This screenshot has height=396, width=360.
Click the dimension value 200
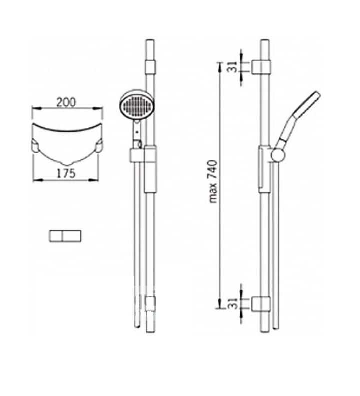pyautogui.click(x=66, y=103)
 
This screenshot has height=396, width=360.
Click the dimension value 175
pyautogui.click(x=66, y=174)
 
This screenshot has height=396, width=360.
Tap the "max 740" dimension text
pyautogui.click(x=213, y=182)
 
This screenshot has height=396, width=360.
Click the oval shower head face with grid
pyautogui.click(x=137, y=106)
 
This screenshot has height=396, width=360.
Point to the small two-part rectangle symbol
pyautogui.click(x=65, y=236)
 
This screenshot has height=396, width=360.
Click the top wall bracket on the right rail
pyautogui.click(x=261, y=67)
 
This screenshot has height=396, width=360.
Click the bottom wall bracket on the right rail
pyautogui.click(x=261, y=303)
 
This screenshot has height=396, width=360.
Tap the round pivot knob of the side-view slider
pyautogui.click(x=278, y=154)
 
